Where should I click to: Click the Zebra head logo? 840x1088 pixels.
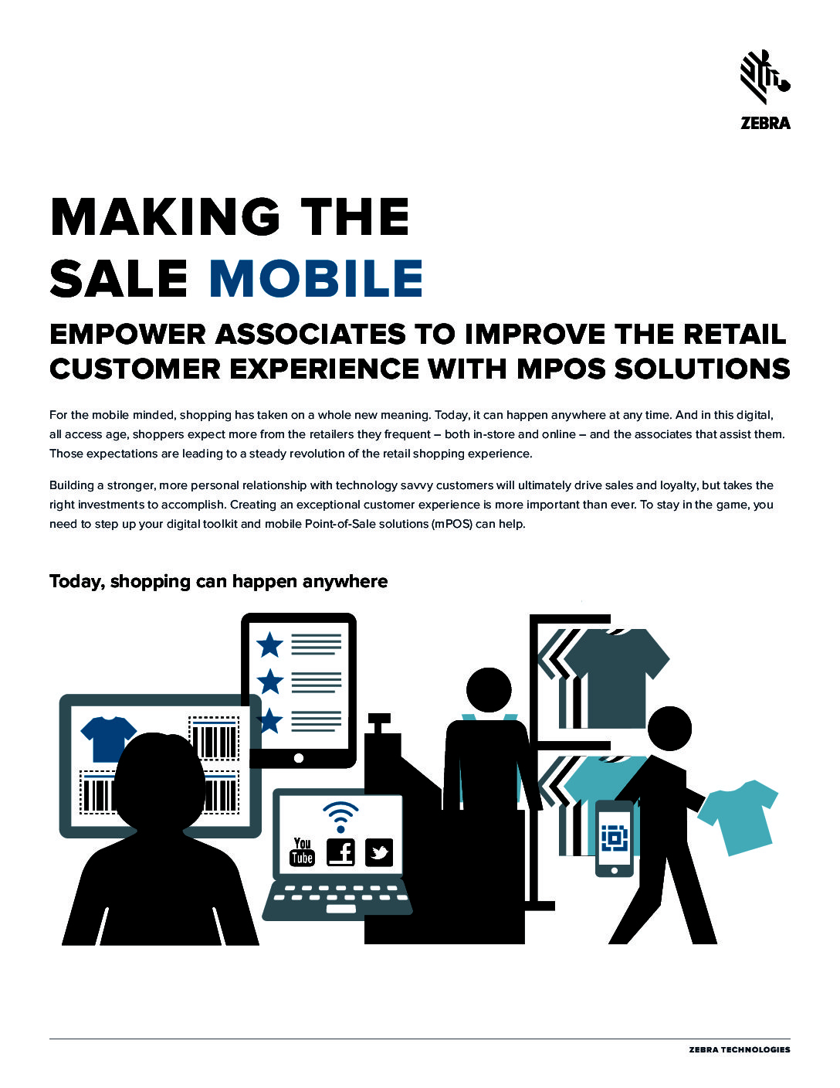tap(765, 77)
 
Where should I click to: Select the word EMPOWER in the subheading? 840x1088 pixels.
tap(127, 335)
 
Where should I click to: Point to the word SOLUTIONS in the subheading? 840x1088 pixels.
tap(703, 369)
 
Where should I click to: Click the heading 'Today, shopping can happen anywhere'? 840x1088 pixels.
tap(218, 581)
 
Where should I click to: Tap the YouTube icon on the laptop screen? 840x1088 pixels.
tap(302, 852)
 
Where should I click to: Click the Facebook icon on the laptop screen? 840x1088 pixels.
tap(340, 852)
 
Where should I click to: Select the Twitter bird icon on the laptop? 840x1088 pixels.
tap(379, 852)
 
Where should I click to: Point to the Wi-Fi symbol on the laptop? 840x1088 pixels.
tap(340, 816)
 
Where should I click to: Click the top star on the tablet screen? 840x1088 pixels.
tap(269, 644)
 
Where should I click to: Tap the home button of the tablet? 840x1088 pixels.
tap(299, 758)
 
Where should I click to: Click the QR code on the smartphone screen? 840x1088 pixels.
tap(615, 838)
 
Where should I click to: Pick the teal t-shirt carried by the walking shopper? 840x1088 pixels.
tap(738, 817)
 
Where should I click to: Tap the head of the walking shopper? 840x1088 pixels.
tap(669, 729)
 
